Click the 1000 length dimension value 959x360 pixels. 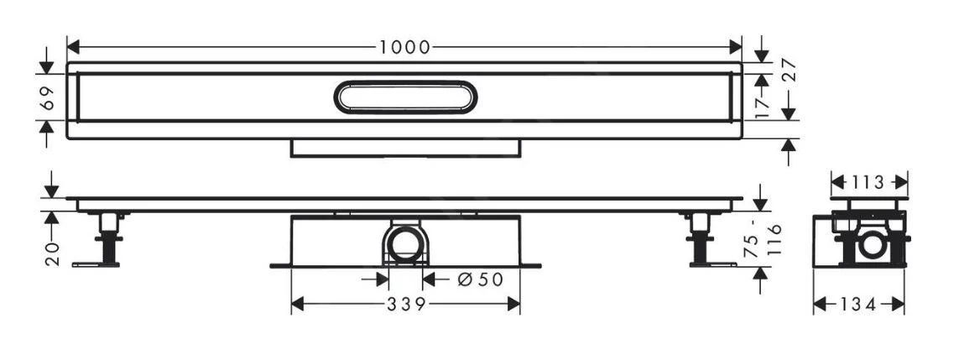[404, 47]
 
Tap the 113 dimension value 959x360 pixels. [869, 182]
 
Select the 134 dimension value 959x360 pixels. [859, 305]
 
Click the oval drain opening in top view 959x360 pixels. [406, 97]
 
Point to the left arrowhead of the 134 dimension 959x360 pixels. [820, 305]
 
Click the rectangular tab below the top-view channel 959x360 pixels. [405, 148]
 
